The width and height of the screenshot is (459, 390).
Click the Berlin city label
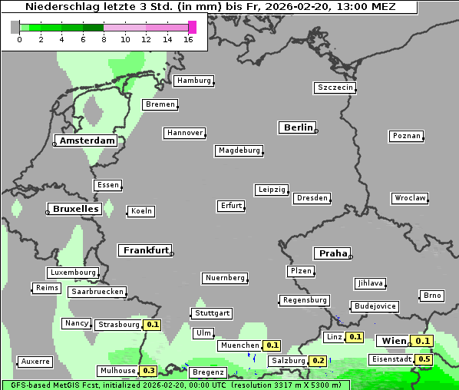(x=298, y=127)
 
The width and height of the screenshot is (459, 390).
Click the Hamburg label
(x=193, y=81)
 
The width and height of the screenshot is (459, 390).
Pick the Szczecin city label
(x=335, y=88)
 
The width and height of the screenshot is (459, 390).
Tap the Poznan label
(x=406, y=136)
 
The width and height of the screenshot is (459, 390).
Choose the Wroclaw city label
(x=409, y=198)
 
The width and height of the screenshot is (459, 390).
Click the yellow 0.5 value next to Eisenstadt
(x=424, y=359)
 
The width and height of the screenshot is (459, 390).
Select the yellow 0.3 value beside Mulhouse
(x=149, y=371)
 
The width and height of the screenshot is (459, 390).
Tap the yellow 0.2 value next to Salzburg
(x=318, y=361)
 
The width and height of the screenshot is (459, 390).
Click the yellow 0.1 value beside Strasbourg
(x=152, y=325)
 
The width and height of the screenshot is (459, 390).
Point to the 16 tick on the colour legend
(x=189, y=38)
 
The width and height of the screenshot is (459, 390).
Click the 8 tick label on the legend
(x=104, y=38)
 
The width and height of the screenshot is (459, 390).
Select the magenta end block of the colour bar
(x=192, y=27)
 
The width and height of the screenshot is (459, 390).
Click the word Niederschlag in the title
(x=58, y=7)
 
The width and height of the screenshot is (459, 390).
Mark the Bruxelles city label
(x=74, y=209)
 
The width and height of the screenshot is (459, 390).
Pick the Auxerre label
(x=35, y=362)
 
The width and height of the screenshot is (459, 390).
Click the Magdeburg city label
(x=239, y=150)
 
